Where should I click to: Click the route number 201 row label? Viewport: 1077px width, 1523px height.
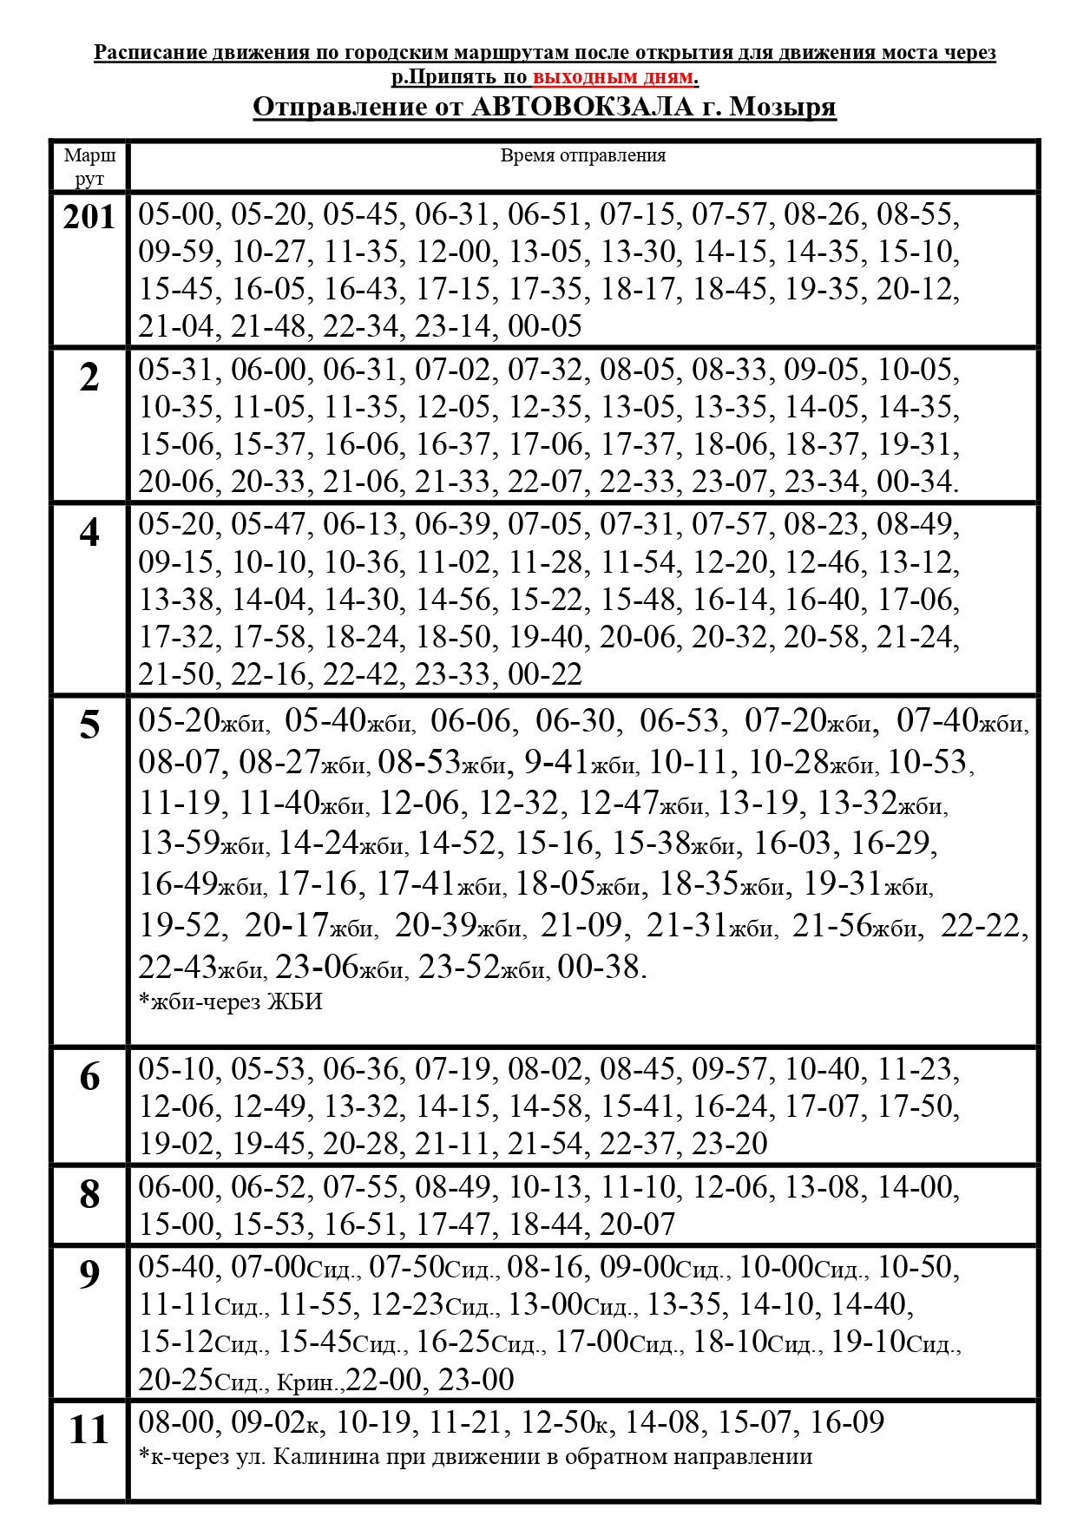click(x=89, y=217)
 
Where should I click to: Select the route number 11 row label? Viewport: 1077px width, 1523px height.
click(x=89, y=1429)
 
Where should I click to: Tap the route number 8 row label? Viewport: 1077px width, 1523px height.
click(x=89, y=1194)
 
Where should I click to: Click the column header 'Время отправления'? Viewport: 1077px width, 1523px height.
click(x=582, y=155)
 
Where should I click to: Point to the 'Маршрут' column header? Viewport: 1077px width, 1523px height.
click(x=89, y=167)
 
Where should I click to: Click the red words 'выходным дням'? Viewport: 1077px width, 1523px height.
click(x=613, y=76)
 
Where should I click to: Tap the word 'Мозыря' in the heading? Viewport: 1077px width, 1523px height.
click(x=782, y=107)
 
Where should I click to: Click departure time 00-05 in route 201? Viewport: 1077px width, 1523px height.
click(x=544, y=326)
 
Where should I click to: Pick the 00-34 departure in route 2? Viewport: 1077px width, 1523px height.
click(x=916, y=482)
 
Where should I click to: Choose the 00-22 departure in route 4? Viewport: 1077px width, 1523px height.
click(x=544, y=674)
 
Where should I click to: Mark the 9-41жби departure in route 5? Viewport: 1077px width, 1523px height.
click(x=581, y=762)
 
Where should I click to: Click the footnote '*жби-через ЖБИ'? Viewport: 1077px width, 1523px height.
click(x=230, y=1001)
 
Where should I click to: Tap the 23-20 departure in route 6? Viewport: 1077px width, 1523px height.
click(x=729, y=1144)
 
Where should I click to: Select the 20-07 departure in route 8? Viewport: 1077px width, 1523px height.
click(x=636, y=1224)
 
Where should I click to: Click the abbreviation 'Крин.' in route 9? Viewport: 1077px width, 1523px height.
click(x=309, y=1382)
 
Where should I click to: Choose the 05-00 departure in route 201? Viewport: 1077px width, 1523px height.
click(x=179, y=214)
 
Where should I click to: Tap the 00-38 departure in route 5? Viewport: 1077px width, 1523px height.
click(x=601, y=967)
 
